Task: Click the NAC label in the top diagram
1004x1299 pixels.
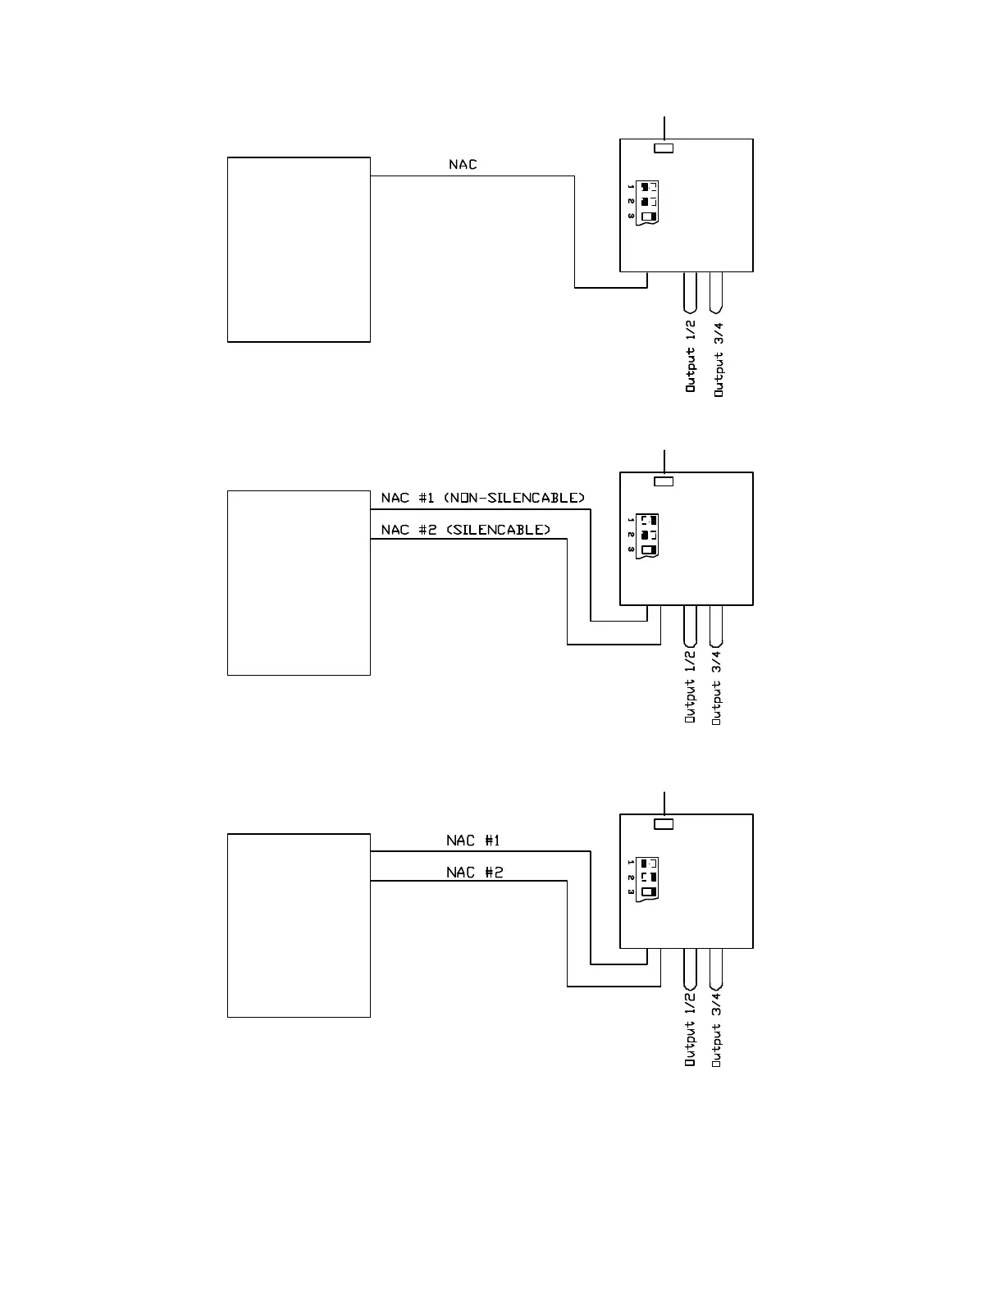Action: point(463,165)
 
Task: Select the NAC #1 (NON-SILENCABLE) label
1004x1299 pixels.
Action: point(482,498)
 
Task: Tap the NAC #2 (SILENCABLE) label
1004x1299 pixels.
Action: point(466,530)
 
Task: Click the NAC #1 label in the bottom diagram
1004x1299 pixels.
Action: point(473,841)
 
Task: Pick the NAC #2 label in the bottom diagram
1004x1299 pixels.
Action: point(474,872)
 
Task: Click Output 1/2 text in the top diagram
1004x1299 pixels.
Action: point(691,359)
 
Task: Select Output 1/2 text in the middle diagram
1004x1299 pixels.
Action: point(691,686)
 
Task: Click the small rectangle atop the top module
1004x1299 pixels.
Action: point(664,148)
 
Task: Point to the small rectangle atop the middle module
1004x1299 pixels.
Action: point(664,481)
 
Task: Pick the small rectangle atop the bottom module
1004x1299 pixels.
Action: point(664,824)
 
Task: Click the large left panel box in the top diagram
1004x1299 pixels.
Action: point(299,249)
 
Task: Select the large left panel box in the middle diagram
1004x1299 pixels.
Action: point(299,583)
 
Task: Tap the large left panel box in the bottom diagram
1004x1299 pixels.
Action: point(299,926)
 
